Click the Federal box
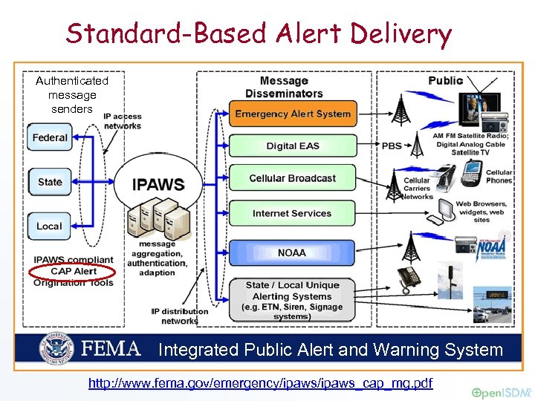click(50, 137)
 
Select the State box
click(50, 181)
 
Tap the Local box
click(50, 226)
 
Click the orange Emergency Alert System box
click(292, 114)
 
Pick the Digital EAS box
click(292, 146)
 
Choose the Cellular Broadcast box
click(292, 178)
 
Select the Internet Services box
click(292, 213)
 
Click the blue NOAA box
click(292, 252)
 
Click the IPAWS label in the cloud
click(158, 184)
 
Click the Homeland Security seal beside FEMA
click(59, 348)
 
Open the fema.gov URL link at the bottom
click(260, 383)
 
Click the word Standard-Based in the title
click(166, 33)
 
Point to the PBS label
click(392, 146)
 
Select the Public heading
click(446, 80)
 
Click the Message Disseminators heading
click(285, 87)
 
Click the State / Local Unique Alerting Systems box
click(292, 300)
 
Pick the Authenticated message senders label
click(72, 94)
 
